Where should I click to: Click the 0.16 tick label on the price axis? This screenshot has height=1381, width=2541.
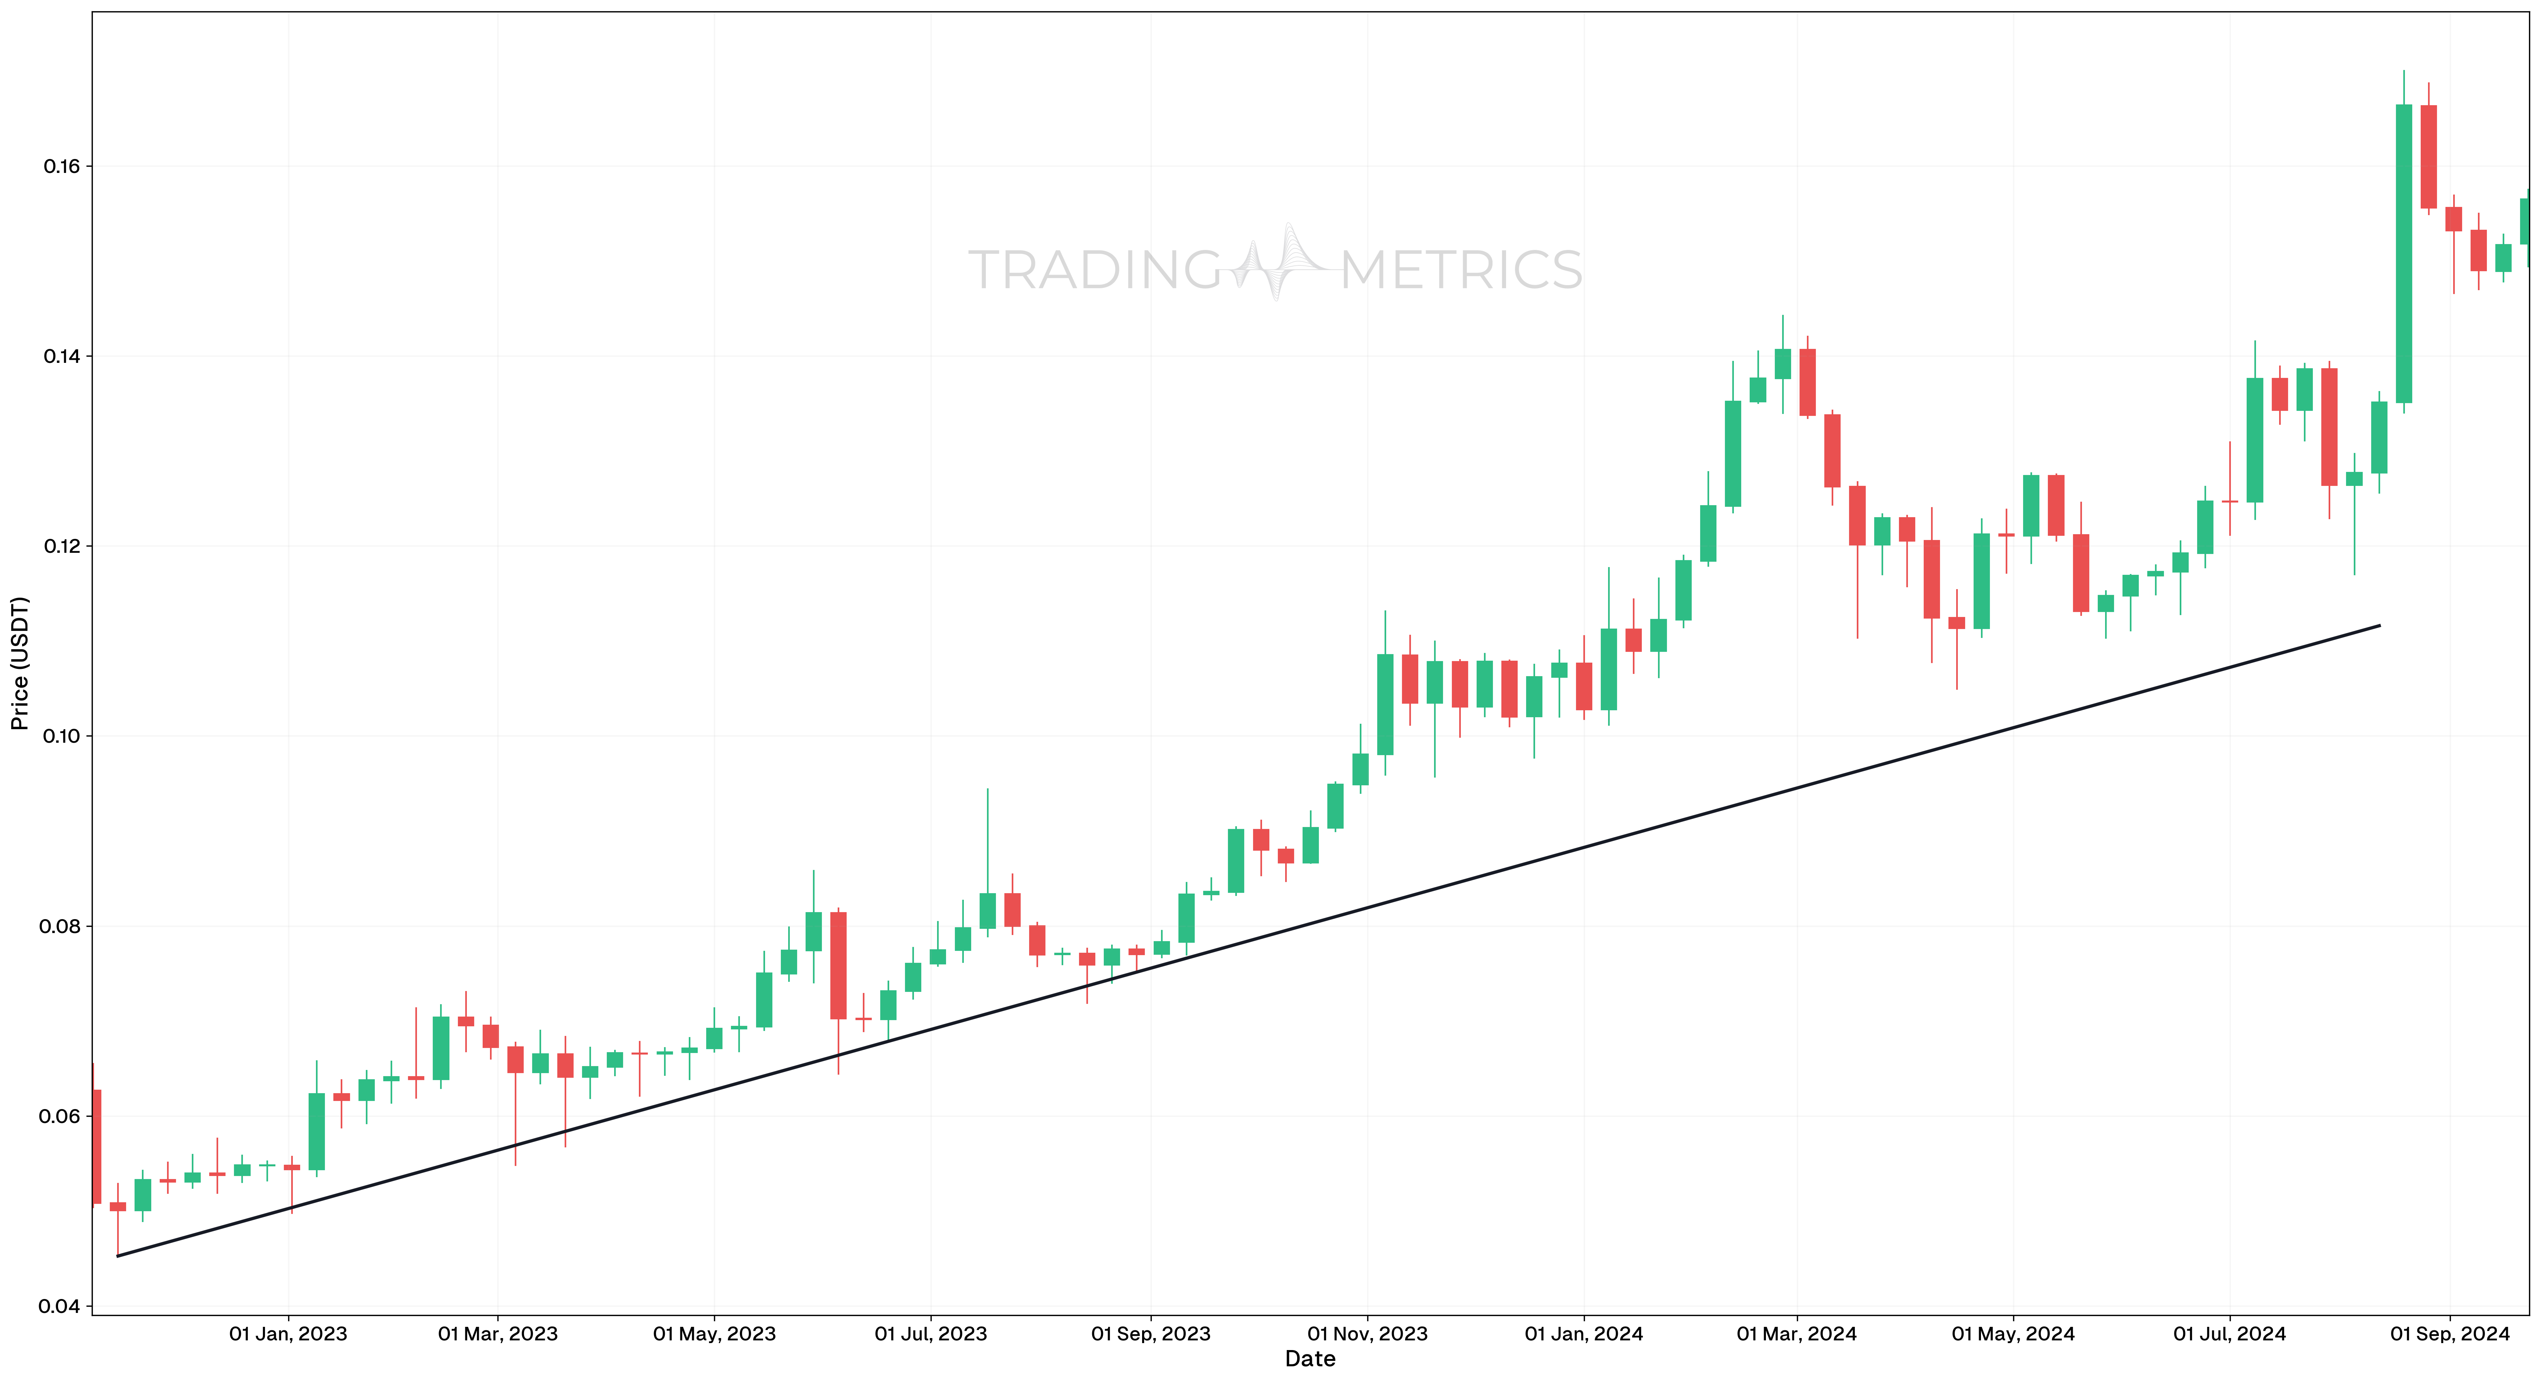[x=61, y=167]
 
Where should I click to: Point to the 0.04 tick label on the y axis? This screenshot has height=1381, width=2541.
[x=61, y=1307]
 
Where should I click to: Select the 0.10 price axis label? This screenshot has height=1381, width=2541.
[x=61, y=737]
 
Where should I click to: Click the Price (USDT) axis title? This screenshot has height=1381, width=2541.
[x=20, y=663]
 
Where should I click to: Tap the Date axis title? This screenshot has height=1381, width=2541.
[x=1310, y=1359]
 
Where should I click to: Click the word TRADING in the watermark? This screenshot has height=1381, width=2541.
[x=1095, y=270]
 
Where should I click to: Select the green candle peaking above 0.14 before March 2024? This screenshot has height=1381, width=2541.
[x=1783, y=364]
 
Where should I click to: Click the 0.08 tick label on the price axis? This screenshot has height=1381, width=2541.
[x=61, y=927]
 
